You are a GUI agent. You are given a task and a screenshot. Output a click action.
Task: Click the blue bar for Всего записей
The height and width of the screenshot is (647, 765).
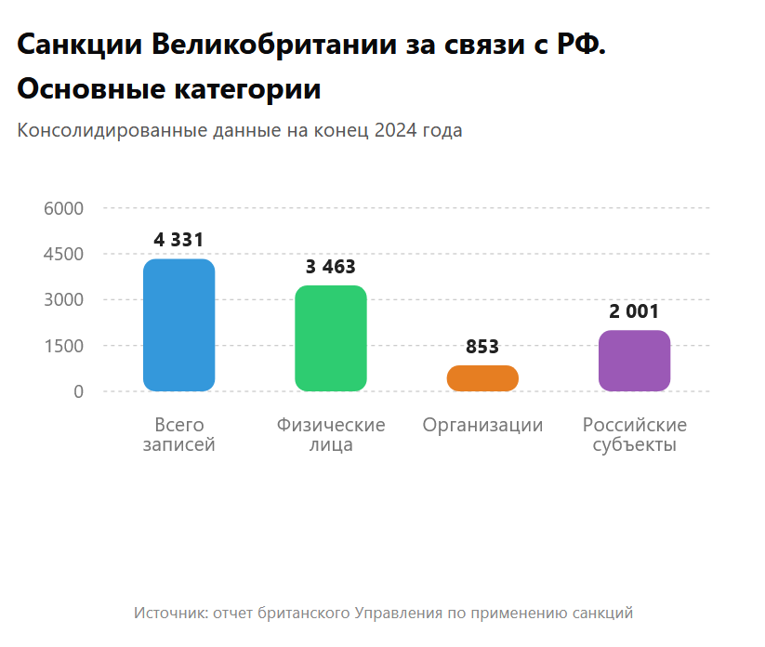[x=178, y=324]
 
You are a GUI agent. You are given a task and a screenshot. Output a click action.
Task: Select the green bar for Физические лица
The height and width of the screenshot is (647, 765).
[x=331, y=338]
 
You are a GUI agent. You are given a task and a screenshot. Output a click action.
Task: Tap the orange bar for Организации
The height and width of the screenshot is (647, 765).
[x=482, y=378]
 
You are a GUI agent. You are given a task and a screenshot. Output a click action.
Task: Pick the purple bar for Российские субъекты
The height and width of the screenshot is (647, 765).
[x=634, y=361]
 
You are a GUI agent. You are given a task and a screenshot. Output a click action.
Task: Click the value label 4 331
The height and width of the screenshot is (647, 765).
[x=178, y=240]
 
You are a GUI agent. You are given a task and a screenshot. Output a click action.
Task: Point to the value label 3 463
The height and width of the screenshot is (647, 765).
[x=331, y=267]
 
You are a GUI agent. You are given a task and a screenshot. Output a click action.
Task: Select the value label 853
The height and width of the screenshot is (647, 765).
[x=482, y=347]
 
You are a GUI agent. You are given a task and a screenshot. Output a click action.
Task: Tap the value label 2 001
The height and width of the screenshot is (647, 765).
[x=634, y=311]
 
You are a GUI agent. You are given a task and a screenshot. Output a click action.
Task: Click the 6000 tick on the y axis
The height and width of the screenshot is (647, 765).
[x=64, y=208]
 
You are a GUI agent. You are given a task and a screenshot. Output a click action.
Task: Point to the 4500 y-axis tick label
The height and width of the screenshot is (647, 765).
[x=64, y=254]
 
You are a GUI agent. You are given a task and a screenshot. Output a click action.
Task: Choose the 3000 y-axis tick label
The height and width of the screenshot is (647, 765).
[x=64, y=299]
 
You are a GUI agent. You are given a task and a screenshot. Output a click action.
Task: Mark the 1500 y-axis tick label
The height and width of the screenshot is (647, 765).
[x=64, y=346]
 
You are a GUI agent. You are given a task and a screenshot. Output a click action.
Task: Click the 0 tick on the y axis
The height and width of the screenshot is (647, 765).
[x=78, y=391]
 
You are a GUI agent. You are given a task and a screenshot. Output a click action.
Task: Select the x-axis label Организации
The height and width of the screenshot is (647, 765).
[x=482, y=426]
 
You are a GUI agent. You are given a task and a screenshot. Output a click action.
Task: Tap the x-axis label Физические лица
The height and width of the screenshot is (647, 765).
[x=331, y=435]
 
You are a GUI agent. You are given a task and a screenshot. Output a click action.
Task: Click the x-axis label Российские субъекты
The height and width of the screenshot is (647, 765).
[x=634, y=435]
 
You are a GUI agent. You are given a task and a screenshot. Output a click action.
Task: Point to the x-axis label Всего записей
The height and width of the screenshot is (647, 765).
[x=178, y=435]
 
